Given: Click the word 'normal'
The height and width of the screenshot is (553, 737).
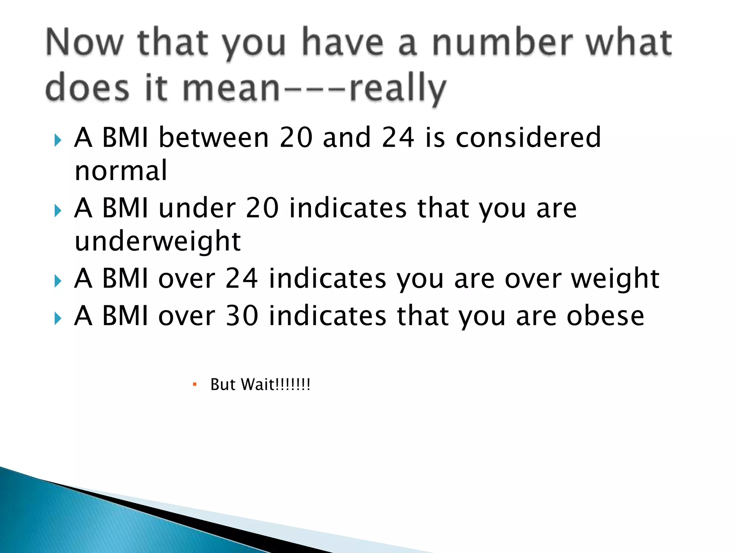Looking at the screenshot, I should point(121,170).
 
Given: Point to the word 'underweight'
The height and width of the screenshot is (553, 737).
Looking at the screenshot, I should point(158,241).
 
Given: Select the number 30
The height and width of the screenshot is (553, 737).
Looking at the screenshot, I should point(242,315).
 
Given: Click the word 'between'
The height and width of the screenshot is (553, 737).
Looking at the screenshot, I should point(214,137).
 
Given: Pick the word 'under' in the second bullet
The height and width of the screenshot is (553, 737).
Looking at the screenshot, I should point(197,208).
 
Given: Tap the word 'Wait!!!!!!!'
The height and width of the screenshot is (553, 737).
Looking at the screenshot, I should point(276,385).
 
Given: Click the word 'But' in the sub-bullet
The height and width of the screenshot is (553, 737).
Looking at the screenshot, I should point(223,385).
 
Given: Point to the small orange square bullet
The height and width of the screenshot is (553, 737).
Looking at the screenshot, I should point(195,385).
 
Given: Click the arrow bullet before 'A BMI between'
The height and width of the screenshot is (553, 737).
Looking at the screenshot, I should point(58,140).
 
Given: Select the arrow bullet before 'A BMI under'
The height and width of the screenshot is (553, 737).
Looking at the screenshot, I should point(58,211).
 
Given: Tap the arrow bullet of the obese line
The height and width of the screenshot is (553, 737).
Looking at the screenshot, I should point(58,318).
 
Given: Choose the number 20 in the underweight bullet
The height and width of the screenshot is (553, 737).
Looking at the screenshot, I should point(262,208).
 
